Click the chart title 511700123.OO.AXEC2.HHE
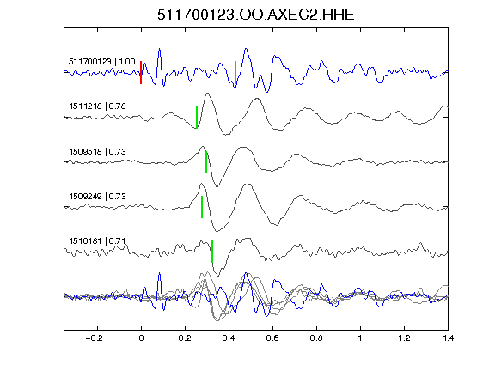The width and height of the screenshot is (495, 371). point(256,15)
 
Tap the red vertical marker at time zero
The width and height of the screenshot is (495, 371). point(141,72)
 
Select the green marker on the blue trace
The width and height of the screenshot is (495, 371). point(235,72)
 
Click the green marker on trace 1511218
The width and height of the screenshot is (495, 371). point(197,117)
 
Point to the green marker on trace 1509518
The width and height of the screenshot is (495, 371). point(206,162)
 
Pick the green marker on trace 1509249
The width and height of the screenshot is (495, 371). point(202,207)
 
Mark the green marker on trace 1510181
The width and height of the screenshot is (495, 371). point(212,252)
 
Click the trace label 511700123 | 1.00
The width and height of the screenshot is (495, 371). point(102,62)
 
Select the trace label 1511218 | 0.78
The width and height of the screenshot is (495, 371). point(98,106)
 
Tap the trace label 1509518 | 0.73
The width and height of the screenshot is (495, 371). point(98,152)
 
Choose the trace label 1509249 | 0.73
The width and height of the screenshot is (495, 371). point(98,197)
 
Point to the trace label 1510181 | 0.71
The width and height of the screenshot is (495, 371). point(98,241)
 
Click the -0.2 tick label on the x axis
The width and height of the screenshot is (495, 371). point(94,338)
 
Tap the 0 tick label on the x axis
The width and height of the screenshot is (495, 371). point(141,338)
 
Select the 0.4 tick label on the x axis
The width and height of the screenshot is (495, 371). point(229,338)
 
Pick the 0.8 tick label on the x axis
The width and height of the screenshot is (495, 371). point(316,338)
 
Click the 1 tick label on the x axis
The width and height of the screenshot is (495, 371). point(360,338)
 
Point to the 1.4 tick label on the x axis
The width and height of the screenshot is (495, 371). point(448,338)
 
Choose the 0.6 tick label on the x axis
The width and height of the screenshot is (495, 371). point(272,338)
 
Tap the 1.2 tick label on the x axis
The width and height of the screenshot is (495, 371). point(404,338)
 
